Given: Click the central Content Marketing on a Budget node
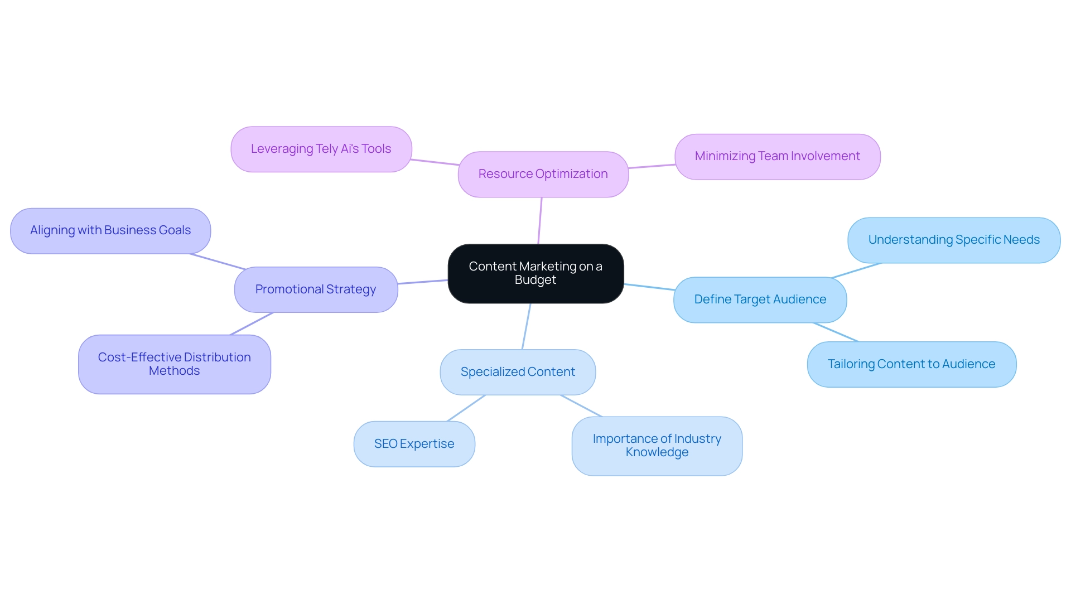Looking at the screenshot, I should click(535, 273).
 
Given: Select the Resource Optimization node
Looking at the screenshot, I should click(543, 174).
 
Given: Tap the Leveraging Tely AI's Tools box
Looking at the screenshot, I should click(321, 149).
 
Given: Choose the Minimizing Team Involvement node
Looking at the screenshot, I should click(777, 156).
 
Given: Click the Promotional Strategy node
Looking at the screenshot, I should click(316, 289).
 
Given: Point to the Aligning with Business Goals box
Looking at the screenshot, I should click(110, 230).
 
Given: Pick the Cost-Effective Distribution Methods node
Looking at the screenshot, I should click(174, 364).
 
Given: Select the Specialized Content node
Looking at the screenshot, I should click(518, 372).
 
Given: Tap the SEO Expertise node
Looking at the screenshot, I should click(414, 444).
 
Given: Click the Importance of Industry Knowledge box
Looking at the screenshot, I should click(657, 446).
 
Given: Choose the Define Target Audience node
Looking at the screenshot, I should click(760, 299).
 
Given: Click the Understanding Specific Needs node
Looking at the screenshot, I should click(954, 240).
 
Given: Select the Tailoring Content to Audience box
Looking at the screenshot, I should click(911, 364).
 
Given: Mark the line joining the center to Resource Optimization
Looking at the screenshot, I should click(540, 220).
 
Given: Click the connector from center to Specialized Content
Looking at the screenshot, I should click(526, 327).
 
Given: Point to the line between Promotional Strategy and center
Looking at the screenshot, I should click(423, 282).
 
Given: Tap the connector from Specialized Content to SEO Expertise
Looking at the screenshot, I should click(466, 408).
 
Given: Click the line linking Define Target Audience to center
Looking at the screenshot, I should click(649, 287).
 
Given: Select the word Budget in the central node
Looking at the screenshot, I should click(535, 280).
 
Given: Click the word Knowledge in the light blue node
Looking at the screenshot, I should click(657, 452).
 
